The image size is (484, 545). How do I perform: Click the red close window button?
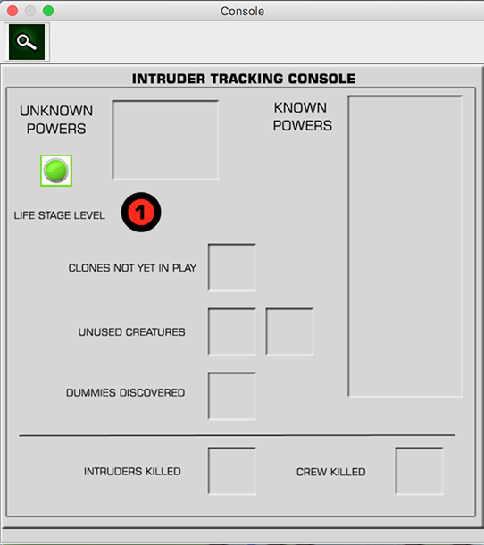(x=13, y=11)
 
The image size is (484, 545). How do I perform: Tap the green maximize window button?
(x=48, y=11)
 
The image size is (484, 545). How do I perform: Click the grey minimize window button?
(x=30, y=11)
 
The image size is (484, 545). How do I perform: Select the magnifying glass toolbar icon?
(x=27, y=42)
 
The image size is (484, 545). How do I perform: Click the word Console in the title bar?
(x=242, y=11)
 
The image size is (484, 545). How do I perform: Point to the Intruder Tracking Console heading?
(x=244, y=79)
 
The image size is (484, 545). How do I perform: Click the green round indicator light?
(x=56, y=171)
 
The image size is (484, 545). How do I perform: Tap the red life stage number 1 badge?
(x=141, y=212)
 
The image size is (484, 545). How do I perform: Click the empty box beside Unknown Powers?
(x=165, y=140)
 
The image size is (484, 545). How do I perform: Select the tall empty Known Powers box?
(x=405, y=246)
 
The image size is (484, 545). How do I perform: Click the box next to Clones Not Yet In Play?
(x=232, y=267)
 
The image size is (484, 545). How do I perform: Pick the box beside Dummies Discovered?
(x=232, y=396)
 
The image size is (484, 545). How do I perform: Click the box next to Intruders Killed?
(x=232, y=471)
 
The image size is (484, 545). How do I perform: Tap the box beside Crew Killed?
(x=419, y=471)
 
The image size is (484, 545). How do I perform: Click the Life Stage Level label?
(x=60, y=215)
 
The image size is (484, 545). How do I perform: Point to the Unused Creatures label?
(x=131, y=332)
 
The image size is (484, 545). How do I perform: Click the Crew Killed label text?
(x=330, y=472)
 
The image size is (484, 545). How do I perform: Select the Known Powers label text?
(x=303, y=117)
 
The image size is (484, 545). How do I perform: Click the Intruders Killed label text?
(x=132, y=472)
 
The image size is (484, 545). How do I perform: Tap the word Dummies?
(x=91, y=393)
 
